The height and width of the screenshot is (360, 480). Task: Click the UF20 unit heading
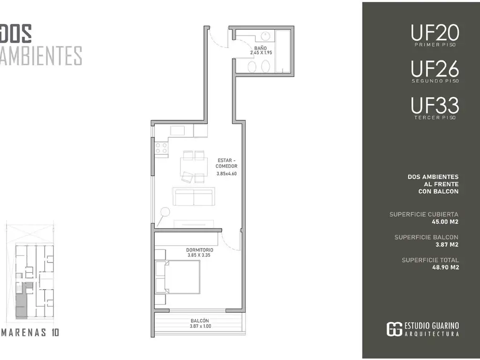[435, 33]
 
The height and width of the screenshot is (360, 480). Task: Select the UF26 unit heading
[435, 69]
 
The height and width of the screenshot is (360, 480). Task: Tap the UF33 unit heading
[435, 105]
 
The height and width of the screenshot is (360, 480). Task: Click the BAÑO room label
[261, 48]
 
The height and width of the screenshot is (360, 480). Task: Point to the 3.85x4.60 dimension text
[226, 173]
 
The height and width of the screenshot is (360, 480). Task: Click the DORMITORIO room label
[200, 250]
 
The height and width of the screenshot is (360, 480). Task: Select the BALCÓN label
[200, 321]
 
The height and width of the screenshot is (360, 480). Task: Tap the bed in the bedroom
[178, 277]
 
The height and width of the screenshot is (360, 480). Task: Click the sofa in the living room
[194, 196]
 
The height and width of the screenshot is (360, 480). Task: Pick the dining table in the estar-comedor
[193, 167]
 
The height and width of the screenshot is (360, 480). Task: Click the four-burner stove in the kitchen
[161, 149]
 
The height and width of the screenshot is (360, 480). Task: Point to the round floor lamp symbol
[165, 212]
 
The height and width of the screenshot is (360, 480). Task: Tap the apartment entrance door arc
[218, 39]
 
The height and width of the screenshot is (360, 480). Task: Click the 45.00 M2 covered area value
[445, 222]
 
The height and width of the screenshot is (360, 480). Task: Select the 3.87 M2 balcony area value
[447, 244]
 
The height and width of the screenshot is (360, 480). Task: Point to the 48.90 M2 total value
[446, 267]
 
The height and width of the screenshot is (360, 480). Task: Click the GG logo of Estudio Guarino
[394, 329]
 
